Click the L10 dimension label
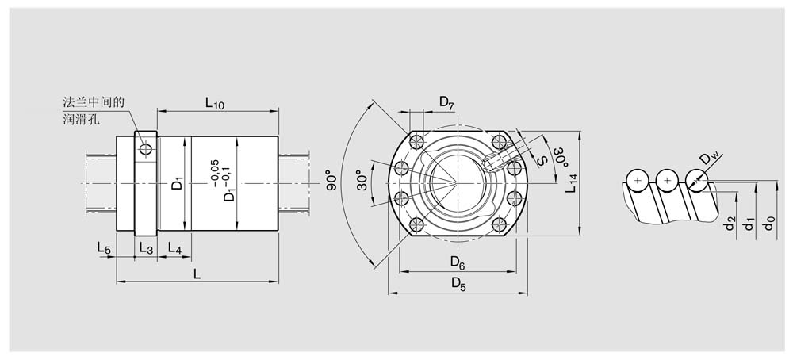pos(214,103)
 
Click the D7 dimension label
pos(446,102)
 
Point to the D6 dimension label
pos(458,262)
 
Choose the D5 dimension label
pos(458,285)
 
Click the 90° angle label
pos(331,180)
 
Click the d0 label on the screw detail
pos(769,223)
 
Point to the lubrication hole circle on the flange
pos(146,150)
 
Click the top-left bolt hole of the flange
pos(416,140)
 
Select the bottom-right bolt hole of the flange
pos(500,225)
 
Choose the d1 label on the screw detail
pos(749,223)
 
